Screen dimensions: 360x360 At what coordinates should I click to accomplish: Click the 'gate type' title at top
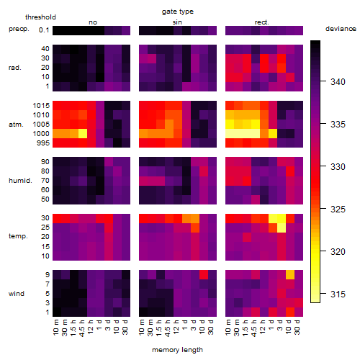pos(178,12)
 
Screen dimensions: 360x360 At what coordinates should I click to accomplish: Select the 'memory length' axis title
pos(177,350)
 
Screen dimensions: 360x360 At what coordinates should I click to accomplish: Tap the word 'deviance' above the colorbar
pos(341,29)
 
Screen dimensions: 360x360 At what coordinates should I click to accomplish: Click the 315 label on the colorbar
pos(338,294)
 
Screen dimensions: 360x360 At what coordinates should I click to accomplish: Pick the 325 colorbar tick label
pos(338,210)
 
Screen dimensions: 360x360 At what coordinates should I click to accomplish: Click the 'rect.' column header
pos(261,22)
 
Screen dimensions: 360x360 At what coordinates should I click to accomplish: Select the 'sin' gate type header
pos(177,22)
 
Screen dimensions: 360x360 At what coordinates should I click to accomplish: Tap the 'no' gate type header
pos(93,22)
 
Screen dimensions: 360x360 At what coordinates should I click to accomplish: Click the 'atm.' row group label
pos(16,125)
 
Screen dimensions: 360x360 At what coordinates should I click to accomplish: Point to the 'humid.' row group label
pos(20,181)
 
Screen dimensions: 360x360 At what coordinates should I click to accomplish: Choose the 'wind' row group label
pos(17,294)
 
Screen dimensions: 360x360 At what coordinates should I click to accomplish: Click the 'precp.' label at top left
pos(19,29)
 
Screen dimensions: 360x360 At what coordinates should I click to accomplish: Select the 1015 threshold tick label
pos(41,106)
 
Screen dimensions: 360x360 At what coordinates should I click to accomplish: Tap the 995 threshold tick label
pos(43,143)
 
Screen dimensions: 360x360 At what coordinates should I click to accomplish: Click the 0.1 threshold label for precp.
pos(44,30)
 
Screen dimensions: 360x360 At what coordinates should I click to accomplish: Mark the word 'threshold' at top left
pos(40,17)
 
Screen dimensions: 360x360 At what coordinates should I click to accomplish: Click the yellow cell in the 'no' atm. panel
pos(83,134)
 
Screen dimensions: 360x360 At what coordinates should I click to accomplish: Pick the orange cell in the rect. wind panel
pos(290,275)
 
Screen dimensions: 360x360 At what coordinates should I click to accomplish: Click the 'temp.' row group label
pos(18,236)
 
